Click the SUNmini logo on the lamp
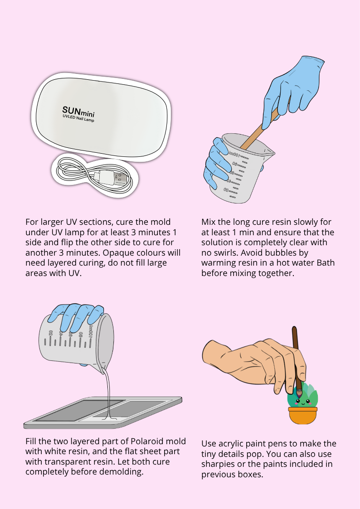click(x=78, y=111)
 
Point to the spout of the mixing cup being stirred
click(x=269, y=151)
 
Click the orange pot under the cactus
click(x=302, y=416)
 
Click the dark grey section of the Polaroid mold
click(x=78, y=411)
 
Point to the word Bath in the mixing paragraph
click(x=326, y=262)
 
